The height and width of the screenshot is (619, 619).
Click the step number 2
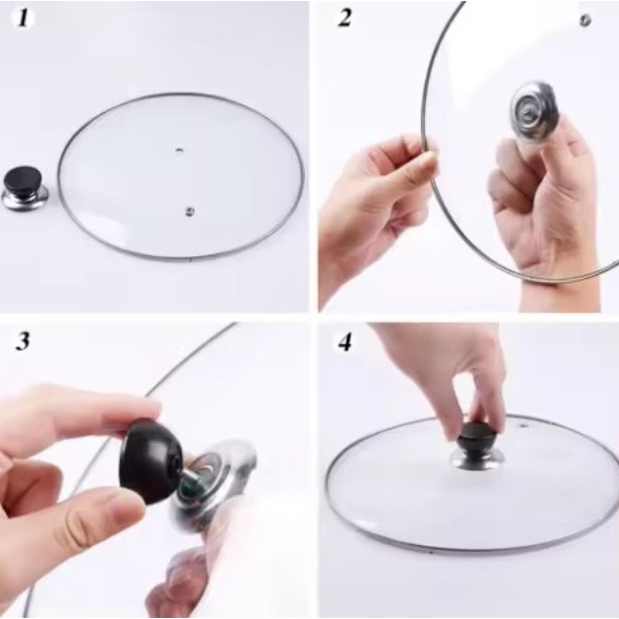coord(344,19)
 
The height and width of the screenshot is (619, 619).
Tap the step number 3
coord(23,341)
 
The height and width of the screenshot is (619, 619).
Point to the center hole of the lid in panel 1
coord(179,151)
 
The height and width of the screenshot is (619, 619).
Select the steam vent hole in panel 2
coord(585,21)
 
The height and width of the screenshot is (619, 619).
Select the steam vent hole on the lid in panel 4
coord(524,426)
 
